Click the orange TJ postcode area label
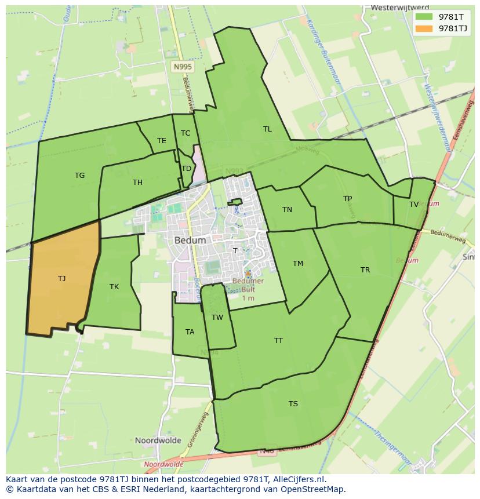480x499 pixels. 61,278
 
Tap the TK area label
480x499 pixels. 114,286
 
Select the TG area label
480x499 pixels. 79,175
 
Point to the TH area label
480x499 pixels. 137,182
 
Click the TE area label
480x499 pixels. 161,140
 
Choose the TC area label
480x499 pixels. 185,133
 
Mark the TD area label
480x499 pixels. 186,168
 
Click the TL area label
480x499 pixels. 267,129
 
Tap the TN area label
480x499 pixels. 287,209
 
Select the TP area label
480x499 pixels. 347,198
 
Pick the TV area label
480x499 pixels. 413,204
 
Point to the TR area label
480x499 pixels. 365,269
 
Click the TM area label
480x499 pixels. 298,263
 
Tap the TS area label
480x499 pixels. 293,403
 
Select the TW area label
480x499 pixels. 217,317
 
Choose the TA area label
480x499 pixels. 190,332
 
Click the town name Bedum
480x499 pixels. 190,240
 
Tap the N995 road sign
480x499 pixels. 183,67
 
